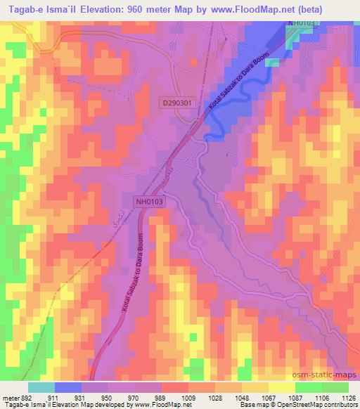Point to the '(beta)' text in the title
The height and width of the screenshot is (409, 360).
[x=337, y=9]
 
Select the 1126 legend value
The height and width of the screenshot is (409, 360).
[x=348, y=397]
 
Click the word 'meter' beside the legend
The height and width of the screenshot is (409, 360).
[x=11, y=397]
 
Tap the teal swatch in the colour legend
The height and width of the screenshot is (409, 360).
[x=42, y=387]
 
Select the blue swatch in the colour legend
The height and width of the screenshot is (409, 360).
[x=69, y=387]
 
